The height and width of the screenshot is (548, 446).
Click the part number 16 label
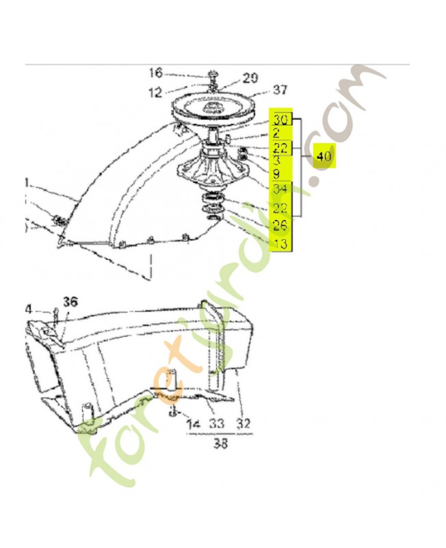click(155, 73)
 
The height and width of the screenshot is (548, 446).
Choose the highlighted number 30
click(281, 120)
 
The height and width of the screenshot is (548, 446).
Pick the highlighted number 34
click(281, 189)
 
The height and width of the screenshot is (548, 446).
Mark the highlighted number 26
click(281, 225)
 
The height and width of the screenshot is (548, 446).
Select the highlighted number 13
click(281, 242)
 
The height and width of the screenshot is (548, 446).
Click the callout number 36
click(70, 301)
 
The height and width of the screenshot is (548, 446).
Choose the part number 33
click(217, 424)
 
